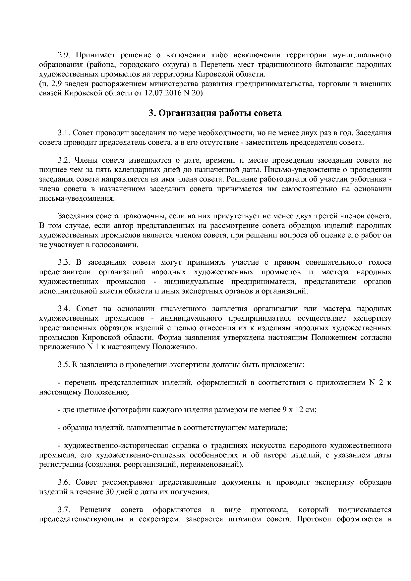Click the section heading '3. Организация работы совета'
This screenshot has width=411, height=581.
coord(215,113)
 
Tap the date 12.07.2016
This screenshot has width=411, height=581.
coord(160,93)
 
